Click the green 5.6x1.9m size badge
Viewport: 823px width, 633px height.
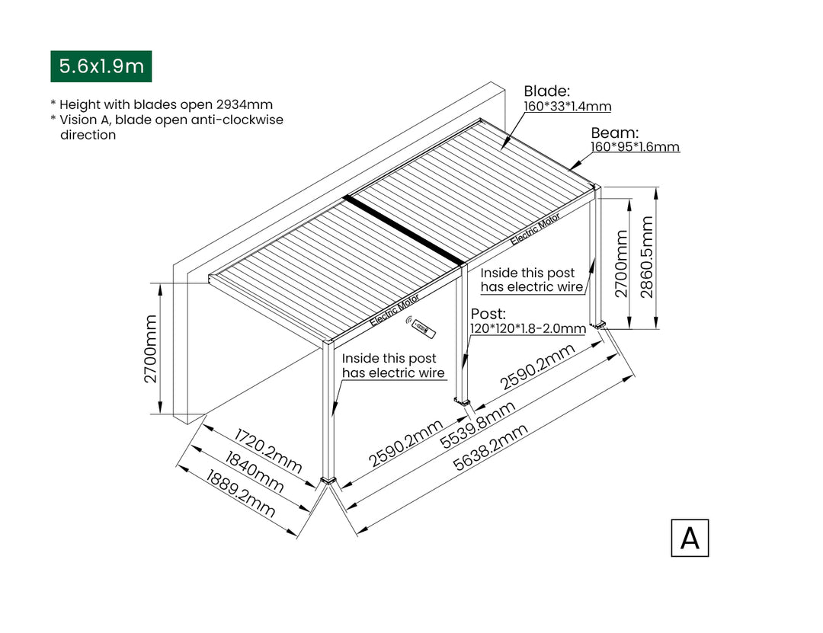[101, 66]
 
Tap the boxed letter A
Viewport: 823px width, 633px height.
[690, 538]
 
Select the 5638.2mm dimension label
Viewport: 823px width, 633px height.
[491, 449]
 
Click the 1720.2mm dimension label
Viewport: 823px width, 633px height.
[267, 451]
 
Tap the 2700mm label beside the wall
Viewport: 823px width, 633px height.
[151, 348]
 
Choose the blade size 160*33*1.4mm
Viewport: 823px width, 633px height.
[567, 107]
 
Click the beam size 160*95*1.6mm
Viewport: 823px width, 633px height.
[635, 147]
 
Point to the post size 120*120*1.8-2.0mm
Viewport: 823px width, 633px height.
[527, 329]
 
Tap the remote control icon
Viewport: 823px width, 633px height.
[421, 328]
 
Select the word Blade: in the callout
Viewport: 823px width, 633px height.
[546, 91]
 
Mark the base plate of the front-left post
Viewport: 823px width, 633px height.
[328, 480]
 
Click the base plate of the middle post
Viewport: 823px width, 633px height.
[462, 401]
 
